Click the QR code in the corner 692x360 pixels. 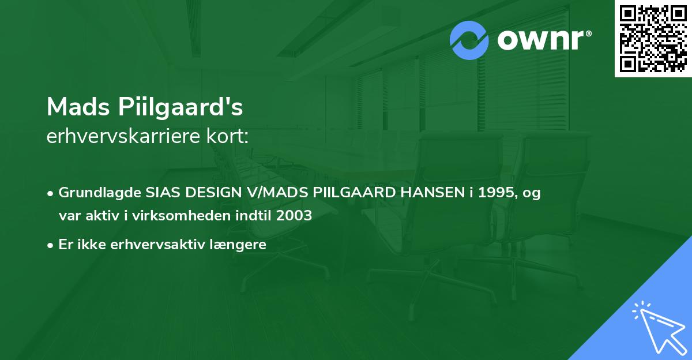click(x=653, y=39)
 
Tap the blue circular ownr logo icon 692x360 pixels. click(x=469, y=40)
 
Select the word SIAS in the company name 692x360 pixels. click(x=161, y=193)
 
